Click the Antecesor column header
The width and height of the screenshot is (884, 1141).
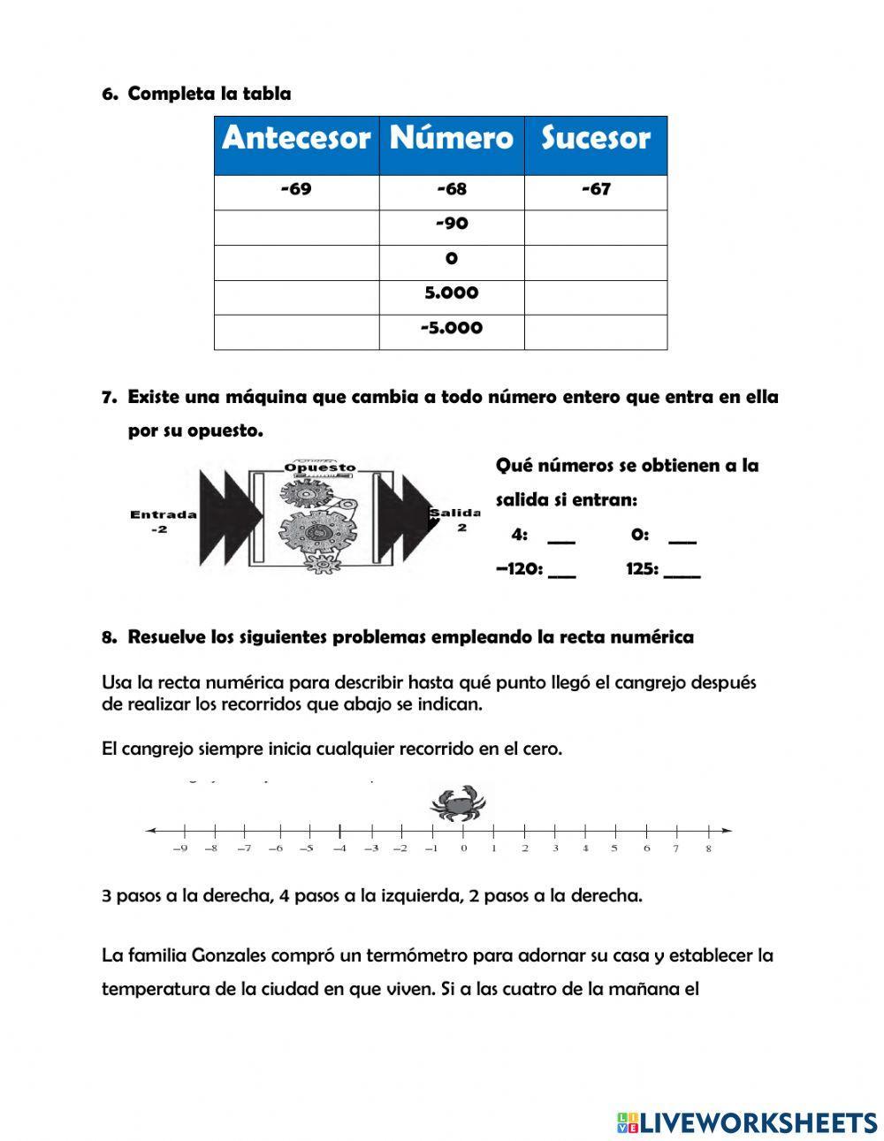coord(296,139)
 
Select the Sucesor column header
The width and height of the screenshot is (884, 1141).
coord(595,139)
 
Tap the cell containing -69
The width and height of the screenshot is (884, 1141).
coord(296,189)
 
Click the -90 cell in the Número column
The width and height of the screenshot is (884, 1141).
coord(452,224)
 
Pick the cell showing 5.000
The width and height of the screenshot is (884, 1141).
coord(452,293)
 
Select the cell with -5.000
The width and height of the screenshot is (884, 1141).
coord(452,329)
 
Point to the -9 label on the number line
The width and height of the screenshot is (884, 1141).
coord(180,848)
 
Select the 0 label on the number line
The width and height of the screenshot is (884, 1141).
coord(463,848)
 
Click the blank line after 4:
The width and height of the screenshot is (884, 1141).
coord(561,536)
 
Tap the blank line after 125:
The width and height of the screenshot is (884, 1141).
coord(682,571)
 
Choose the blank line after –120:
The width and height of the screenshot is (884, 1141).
coord(562,571)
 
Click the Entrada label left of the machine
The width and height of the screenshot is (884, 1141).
coord(164,514)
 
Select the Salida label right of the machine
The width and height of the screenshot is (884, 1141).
coord(456,513)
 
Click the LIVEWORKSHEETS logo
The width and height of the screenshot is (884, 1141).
coord(747,1122)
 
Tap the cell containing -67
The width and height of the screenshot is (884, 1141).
coord(595,189)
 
